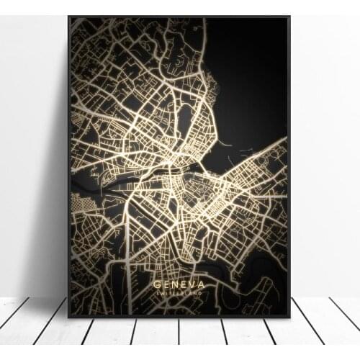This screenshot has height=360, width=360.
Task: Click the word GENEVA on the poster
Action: [179, 284]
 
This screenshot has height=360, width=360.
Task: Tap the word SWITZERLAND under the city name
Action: [179, 293]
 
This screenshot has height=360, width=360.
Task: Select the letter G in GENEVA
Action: [157, 284]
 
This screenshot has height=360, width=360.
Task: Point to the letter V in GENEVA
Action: [191, 284]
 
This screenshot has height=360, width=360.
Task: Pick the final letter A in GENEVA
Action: [201, 284]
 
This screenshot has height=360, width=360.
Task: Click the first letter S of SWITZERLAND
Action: [158, 293]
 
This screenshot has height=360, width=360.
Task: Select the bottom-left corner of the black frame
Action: [69, 316]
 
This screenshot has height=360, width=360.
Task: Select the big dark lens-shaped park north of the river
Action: [184, 119]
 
